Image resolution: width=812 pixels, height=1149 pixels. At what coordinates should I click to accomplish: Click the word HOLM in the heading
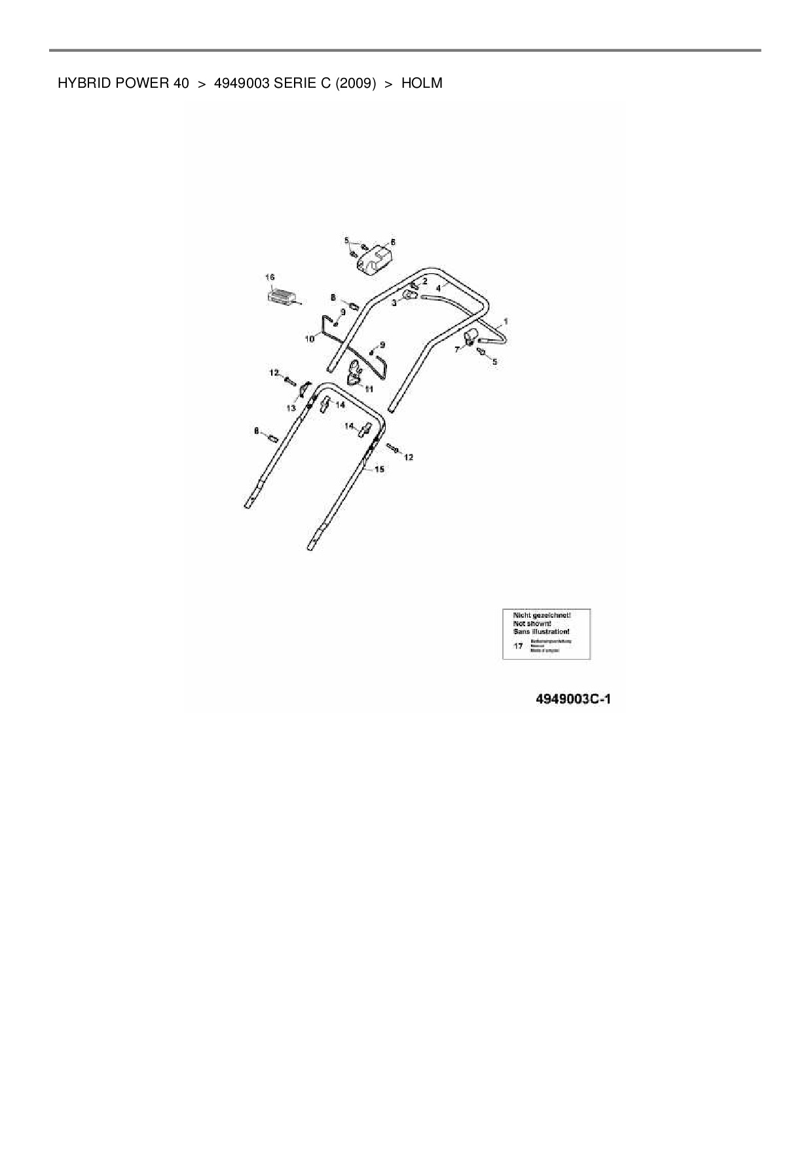pos(422,83)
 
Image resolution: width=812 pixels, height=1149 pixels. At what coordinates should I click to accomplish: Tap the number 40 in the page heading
pos(181,83)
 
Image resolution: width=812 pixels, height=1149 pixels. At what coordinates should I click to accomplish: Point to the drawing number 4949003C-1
pos(573,699)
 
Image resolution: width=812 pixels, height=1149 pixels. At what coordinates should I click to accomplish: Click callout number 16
pos(270,278)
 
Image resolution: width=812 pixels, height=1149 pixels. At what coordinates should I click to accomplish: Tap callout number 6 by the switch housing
pos(393,242)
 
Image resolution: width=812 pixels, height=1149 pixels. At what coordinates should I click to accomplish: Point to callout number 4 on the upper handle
pos(437,287)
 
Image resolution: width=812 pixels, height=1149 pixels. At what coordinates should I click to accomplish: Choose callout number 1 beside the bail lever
pos(505,322)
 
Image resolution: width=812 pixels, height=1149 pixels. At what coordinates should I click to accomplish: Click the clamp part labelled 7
pos(470,339)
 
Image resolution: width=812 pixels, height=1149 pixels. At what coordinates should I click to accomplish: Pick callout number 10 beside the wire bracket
pos(310,339)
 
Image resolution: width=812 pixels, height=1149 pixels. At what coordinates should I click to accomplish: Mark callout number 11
pos(369,388)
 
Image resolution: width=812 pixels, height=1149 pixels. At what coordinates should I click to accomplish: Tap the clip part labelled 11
pos(355,374)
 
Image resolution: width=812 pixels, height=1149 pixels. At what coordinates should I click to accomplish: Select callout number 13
pos(291,407)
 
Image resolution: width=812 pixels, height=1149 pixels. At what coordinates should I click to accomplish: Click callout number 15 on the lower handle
pos(378,469)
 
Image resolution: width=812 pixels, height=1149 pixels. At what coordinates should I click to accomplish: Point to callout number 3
pos(394,303)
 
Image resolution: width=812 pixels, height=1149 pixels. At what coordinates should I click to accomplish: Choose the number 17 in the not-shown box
pos(518,646)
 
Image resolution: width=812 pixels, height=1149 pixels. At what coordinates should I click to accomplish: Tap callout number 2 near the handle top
pos(424,280)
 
